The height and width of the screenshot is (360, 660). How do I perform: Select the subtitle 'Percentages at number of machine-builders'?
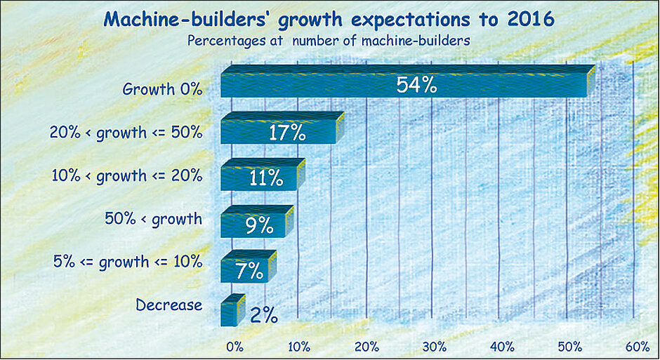click(x=328, y=40)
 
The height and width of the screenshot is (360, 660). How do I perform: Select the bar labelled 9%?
click(x=256, y=224)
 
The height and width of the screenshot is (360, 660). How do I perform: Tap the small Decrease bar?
click(x=231, y=312)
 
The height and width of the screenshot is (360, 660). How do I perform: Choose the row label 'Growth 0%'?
click(x=162, y=90)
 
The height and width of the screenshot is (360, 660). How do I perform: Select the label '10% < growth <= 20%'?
click(x=126, y=176)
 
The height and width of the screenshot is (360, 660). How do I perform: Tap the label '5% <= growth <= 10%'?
click(x=128, y=262)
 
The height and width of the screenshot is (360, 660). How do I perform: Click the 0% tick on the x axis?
click(x=234, y=347)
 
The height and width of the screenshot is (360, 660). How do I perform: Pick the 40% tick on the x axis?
click(x=503, y=347)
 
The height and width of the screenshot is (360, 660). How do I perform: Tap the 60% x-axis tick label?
click(x=637, y=347)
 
